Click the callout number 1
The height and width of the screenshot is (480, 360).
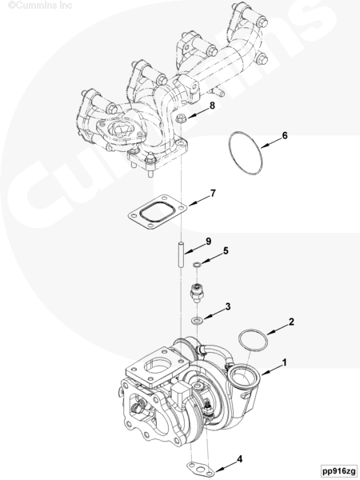click(x=284, y=362)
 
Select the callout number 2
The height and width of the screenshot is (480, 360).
click(x=291, y=322)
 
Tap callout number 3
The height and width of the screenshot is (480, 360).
click(x=228, y=306)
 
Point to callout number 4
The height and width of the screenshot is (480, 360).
click(x=240, y=459)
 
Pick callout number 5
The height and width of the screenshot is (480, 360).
click(x=226, y=250)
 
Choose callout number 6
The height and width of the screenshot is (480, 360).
click(x=285, y=135)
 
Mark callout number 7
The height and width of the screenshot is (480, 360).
click(x=213, y=193)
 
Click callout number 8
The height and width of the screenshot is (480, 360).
click(x=212, y=106)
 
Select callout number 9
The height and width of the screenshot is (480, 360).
click(x=209, y=242)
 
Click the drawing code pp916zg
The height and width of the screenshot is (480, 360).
click(x=339, y=470)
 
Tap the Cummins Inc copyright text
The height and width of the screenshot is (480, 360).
click(x=41, y=6)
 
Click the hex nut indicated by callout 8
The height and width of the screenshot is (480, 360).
click(x=181, y=118)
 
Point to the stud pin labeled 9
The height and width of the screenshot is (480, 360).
click(x=182, y=255)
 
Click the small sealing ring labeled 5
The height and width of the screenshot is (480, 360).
click(x=197, y=264)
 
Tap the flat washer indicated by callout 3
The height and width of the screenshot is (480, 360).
click(x=197, y=321)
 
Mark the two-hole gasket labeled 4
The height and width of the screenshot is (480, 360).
click(x=201, y=468)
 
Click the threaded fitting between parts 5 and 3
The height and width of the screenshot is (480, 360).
click(x=197, y=292)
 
